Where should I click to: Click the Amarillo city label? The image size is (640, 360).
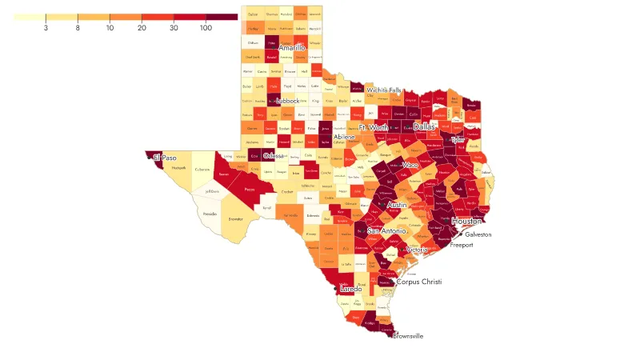click(x=292, y=48)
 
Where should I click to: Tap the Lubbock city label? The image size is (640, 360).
click(x=287, y=101)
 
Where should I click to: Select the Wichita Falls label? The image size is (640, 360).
click(x=384, y=90)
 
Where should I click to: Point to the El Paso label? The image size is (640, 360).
click(x=165, y=158)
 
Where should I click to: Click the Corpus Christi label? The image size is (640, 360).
click(x=419, y=282)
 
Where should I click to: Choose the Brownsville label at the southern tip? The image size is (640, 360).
click(x=408, y=336)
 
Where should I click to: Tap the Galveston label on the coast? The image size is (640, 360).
click(x=478, y=234)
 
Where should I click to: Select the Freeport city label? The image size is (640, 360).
click(x=462, y=245)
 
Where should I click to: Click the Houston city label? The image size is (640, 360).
click(x=466, y=221)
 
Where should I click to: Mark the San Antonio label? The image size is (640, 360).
click(x=386, y=231)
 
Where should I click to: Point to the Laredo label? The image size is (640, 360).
click(x=351, y=288)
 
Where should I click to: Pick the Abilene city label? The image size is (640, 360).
click(x=345, y=137)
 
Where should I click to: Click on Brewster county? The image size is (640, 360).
click(x=235, y=218)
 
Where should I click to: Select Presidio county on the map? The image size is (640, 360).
click(x=210, y=214)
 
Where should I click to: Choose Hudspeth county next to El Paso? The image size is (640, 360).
click(x=179, y=167)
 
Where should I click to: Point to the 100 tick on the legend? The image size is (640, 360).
click(x=206, y=28)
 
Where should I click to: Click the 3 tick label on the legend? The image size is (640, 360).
click(x=46, y=28)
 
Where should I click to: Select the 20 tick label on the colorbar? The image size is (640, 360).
click(x=142, y=28)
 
